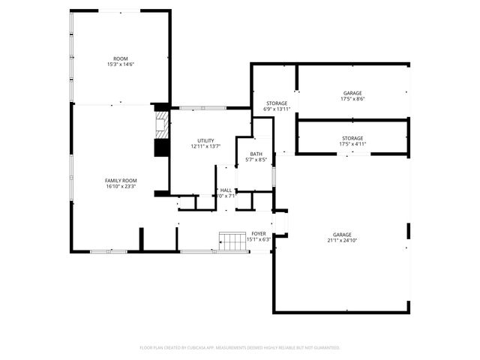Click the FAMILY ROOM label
[120, 181]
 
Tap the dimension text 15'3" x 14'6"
[120, 64]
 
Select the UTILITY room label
[205, 141]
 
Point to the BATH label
[256, 154]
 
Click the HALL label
[226, 190]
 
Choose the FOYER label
[259, 234]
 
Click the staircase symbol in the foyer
[232, 241]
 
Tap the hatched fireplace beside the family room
[161, 124]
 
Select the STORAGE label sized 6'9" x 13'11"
[276, 103]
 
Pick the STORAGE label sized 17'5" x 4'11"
[352, 138]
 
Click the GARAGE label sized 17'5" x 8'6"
[352, 93]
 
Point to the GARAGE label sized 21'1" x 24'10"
[341, 235]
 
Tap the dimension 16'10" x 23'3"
[120, 187]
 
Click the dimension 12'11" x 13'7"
[205, 147]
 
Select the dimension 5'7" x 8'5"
[256, 160]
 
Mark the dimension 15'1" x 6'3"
[259, 240]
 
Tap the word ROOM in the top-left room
[120, 58]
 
